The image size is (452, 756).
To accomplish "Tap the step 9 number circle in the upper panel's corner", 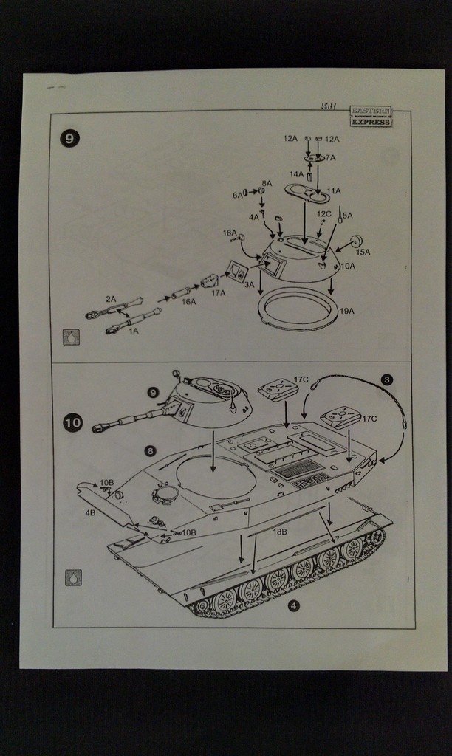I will pyautogui.click(x=69, y=137).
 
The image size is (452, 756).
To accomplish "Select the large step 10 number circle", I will pyautogui.click(x=73, y=422).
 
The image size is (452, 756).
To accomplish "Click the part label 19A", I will pyautogui.click(x=346, y=311).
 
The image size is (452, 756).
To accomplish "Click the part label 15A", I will pyautogui.click(x=363, y=252).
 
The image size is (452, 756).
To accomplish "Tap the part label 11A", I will pyautogui.click(x=333, y=191).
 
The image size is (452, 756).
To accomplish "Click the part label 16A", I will pyautogui.click(x=188, y=302).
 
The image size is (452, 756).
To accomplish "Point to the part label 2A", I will pyautogui.click(x=111, y=299).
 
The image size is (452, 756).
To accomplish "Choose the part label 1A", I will pyautogui.click(x=134, y=331).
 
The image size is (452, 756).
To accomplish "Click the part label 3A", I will pyautogui.click(x=249, y=284).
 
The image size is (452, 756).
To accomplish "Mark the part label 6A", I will pyautogui.click(x=238, y=195).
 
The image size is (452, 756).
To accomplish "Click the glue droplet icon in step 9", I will pyautogui.click(x=72, y=337).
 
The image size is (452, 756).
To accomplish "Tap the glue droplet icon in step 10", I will pyautogui.click(x=73, y=577).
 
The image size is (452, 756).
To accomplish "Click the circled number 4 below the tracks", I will pyautogui.click(x=293, y=606).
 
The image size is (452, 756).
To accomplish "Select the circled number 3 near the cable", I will pyautogui.click(x=387, y=379).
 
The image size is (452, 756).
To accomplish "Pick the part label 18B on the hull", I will pyautogui.click(x=279, y=532).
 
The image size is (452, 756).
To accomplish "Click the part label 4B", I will pyautogui.click(x=90, y=512).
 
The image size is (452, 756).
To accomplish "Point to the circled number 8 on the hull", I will pyautogui.click(x=150, y=450).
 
